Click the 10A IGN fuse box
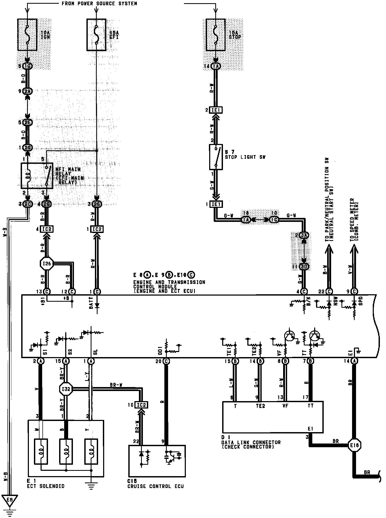pyautogui.click(x=27, y=34)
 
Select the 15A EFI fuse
pyautogui.click(x=96, y=34)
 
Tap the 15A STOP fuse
pyautogui.click(x=216, y=34)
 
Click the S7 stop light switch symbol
pyautogui.click(x=216, y=157)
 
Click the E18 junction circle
pyautogui.click(x=354, y=445)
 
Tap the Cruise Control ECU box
pyautogui.click(x=157, y=461)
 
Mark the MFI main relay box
pyautogui.click(x=37, y=176)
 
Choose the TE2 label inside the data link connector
pyautogui.click(x=260, y=406)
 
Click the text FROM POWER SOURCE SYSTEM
pyautogui.click(x=99, y=4)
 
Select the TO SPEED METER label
pyautogui.click(x=354, y=220)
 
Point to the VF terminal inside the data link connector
pyautogui.click(x=285, y=406)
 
